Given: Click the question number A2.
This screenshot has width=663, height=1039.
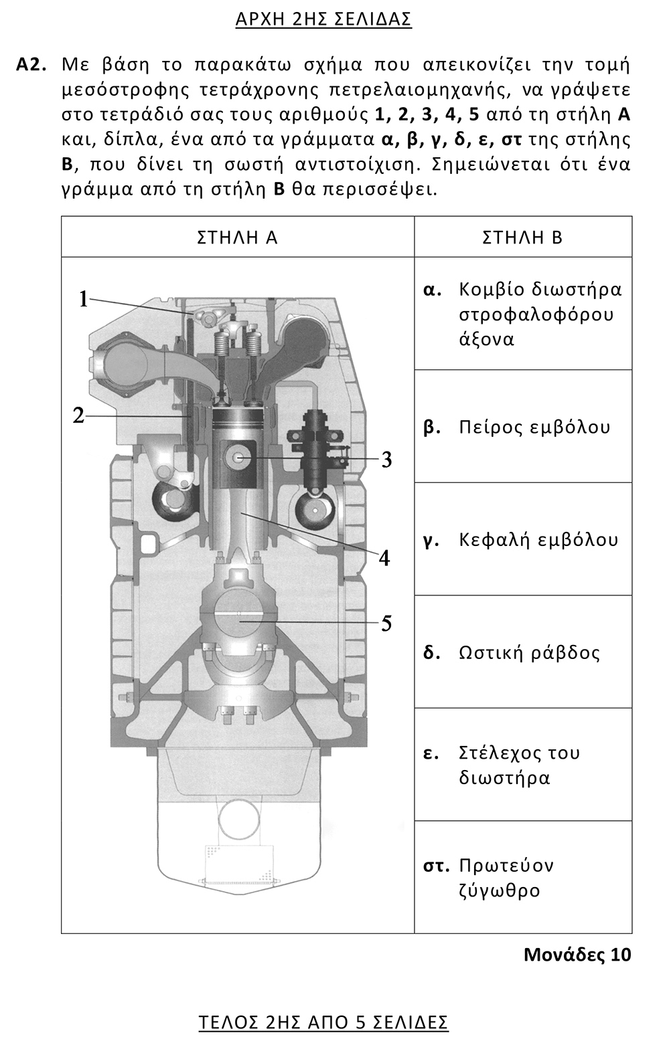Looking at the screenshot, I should click(x=31, y=65).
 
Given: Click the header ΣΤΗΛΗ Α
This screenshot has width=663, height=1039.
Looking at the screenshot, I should click(x=237, y=238).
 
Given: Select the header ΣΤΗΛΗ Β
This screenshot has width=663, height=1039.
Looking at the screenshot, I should click(x=522, y=238).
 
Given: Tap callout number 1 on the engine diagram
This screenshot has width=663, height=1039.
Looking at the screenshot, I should click(x=84, y=299).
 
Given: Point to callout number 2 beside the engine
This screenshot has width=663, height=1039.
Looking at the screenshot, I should click(x=79, y=415).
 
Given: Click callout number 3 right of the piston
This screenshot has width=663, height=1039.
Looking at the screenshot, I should click(x=386, y=460).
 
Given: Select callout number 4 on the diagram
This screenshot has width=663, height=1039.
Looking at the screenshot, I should click(x=384, y=557).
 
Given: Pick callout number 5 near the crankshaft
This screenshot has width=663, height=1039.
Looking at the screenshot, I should click(x=386, y=624).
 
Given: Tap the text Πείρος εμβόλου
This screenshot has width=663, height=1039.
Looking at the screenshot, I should click(x=534, y=427).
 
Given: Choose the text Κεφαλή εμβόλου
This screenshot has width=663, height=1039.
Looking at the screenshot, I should click(x=538, y=539).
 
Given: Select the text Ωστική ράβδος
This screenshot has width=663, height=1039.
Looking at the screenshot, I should click(x=529, y=652).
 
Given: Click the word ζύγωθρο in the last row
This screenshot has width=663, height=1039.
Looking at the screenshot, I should click(x=500, y=890).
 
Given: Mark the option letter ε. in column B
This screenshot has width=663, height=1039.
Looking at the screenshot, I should click(x=431, y=753).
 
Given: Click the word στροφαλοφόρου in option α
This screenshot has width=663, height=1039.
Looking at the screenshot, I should click(x=536, y=314).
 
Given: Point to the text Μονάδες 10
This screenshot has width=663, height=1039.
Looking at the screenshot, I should click(x=577, y=954).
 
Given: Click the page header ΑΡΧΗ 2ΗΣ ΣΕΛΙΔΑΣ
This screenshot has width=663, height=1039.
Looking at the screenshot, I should click(x=323, y=19).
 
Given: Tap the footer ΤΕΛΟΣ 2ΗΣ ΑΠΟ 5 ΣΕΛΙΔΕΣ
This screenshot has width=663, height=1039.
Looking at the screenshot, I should click(x=323, y=1022).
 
